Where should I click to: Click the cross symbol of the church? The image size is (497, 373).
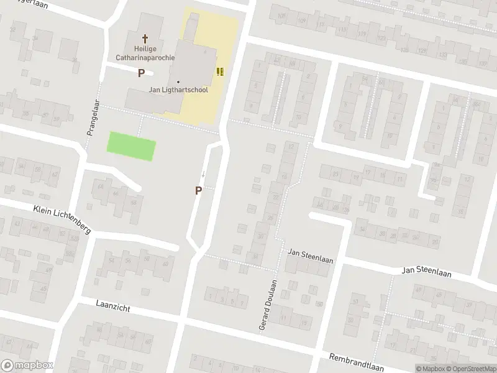pos(146,38)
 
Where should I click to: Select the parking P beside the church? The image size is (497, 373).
pos(141,73)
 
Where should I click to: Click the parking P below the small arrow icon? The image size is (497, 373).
pos(198,191)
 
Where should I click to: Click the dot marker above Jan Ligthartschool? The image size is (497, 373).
pos(178,81)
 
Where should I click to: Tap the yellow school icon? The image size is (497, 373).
pos(219,71)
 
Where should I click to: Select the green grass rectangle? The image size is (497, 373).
pos(131,146)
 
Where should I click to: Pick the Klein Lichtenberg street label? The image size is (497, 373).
pos(62,218)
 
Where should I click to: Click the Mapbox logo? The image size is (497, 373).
pos(27,366)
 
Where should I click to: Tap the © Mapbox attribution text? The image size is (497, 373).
pos(430,368)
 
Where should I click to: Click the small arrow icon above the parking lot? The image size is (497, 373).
pos(202,173)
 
